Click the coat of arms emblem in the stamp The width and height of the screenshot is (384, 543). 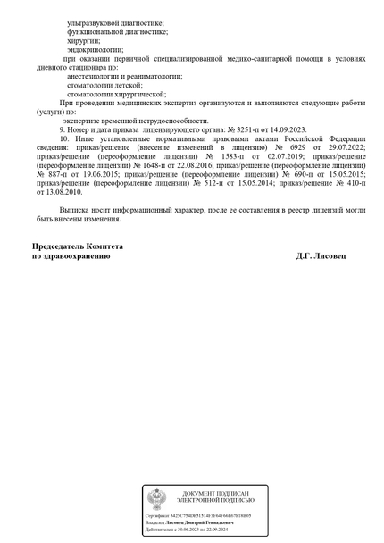(157, 498)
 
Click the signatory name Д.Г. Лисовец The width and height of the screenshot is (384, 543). (326, 255)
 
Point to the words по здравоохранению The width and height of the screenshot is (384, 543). (71, 255)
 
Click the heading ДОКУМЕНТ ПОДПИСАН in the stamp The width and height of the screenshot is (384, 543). (215, 493)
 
